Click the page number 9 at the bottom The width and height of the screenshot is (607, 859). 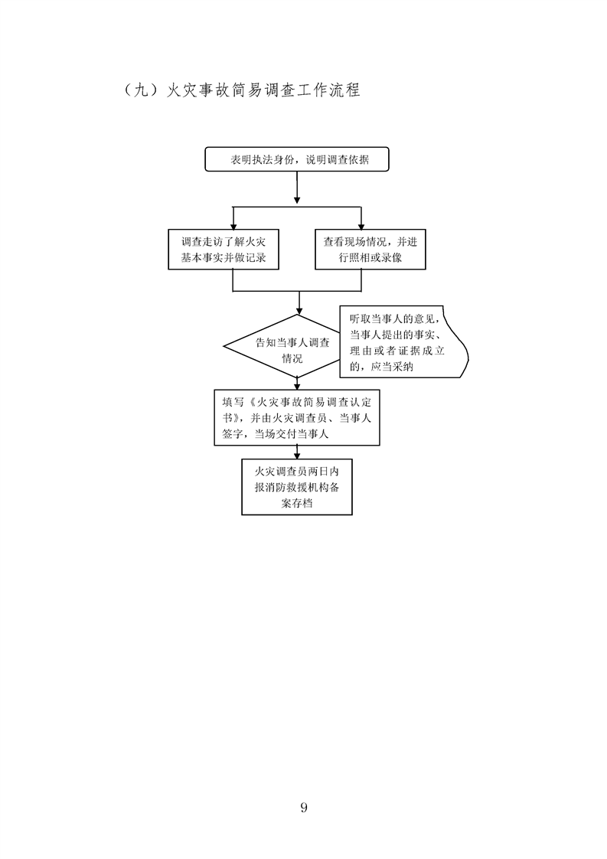point(304,807)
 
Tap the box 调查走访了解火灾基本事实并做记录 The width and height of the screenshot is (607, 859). point(224,250)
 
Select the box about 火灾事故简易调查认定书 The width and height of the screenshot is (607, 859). point(297,417)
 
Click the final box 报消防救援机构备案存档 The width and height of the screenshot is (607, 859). point(297,486)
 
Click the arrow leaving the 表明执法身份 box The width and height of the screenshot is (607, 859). point(297,188)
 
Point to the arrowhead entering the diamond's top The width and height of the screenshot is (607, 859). point(297,310)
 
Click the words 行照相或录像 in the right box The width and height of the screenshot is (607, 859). point(371,259)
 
